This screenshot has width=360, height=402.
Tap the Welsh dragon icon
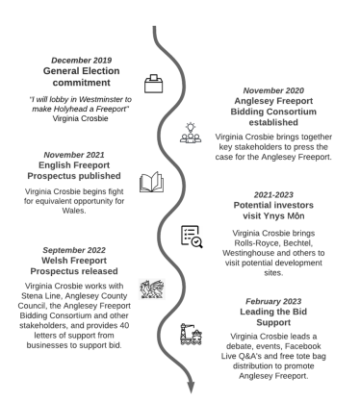tap(153, 285)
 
